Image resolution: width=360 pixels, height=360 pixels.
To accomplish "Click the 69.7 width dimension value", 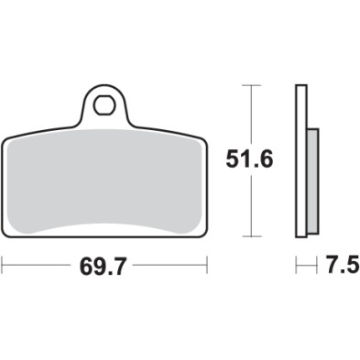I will [104, 267].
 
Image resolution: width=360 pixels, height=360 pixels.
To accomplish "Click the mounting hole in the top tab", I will [105, 102].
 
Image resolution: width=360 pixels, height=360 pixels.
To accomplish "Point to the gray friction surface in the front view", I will [104, 188].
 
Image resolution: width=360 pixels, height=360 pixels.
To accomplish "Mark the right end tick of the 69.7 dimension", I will [209, 267].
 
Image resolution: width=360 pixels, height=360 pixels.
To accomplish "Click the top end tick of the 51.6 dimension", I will [251, 85].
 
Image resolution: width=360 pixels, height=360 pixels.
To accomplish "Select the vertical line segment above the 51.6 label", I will [251, 115].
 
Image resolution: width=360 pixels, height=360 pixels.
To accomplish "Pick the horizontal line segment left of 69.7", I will [37, 267].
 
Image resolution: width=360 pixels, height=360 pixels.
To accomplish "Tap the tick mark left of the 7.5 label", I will [297, 267].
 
